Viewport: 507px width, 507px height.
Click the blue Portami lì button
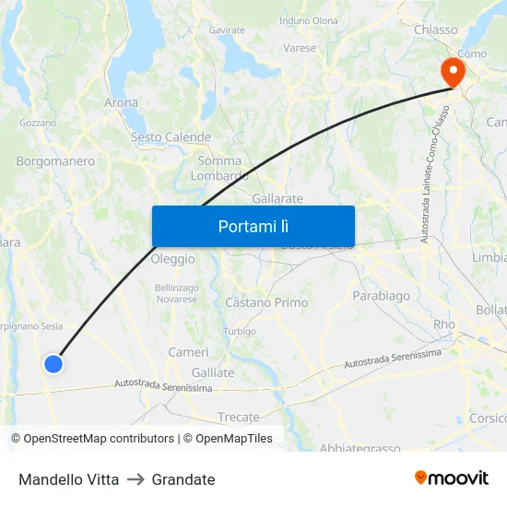tap(253, 226)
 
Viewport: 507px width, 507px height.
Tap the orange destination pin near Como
tap(453, 71)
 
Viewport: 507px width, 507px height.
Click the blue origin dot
tap(53, 364)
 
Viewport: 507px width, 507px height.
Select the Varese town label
tap(300, 48)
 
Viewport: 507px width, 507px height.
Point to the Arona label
tap(121, 103)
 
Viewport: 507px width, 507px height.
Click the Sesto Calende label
tap(171, 137)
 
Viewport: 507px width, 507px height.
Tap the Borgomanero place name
tap(55, 161)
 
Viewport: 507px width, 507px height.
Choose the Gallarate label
tap(277, 198)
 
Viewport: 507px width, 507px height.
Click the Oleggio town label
tap(172, 259)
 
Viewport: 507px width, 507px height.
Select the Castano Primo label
tap(266, 302)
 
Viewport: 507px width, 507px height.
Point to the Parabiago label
tap(381, 296)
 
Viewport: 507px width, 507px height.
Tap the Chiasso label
tap(435, 29)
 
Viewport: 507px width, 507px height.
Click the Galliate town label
tap(213, 372)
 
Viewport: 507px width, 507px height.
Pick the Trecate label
tap(238, 418)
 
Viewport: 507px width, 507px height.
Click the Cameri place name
tap(188, 352)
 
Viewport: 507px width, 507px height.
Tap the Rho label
tap(444, 324)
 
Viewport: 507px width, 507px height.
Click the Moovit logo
tap(452, 478)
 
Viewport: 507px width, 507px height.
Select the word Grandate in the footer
tap(183, 479)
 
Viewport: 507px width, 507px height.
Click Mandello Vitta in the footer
tap(68, 479)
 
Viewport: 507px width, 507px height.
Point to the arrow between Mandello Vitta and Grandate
tap(136, 479)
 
